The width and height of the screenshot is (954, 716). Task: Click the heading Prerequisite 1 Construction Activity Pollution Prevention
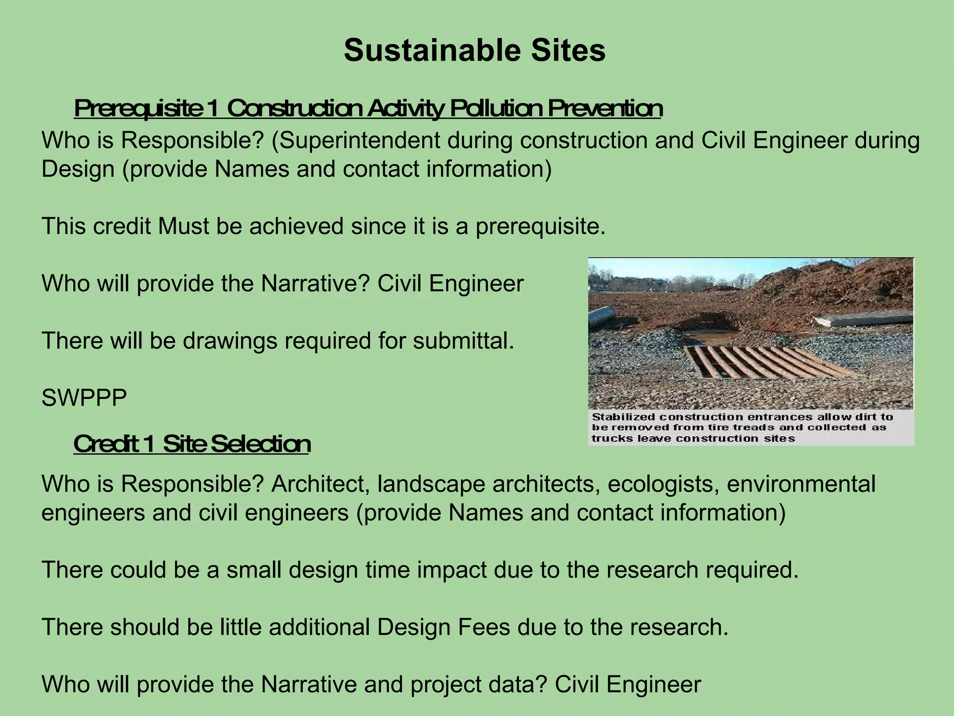(368, 109)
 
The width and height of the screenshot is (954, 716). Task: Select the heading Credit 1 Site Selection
(192, 444)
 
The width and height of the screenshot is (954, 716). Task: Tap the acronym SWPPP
(84, 398)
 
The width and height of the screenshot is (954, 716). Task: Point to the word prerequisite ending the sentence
(540, 227)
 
